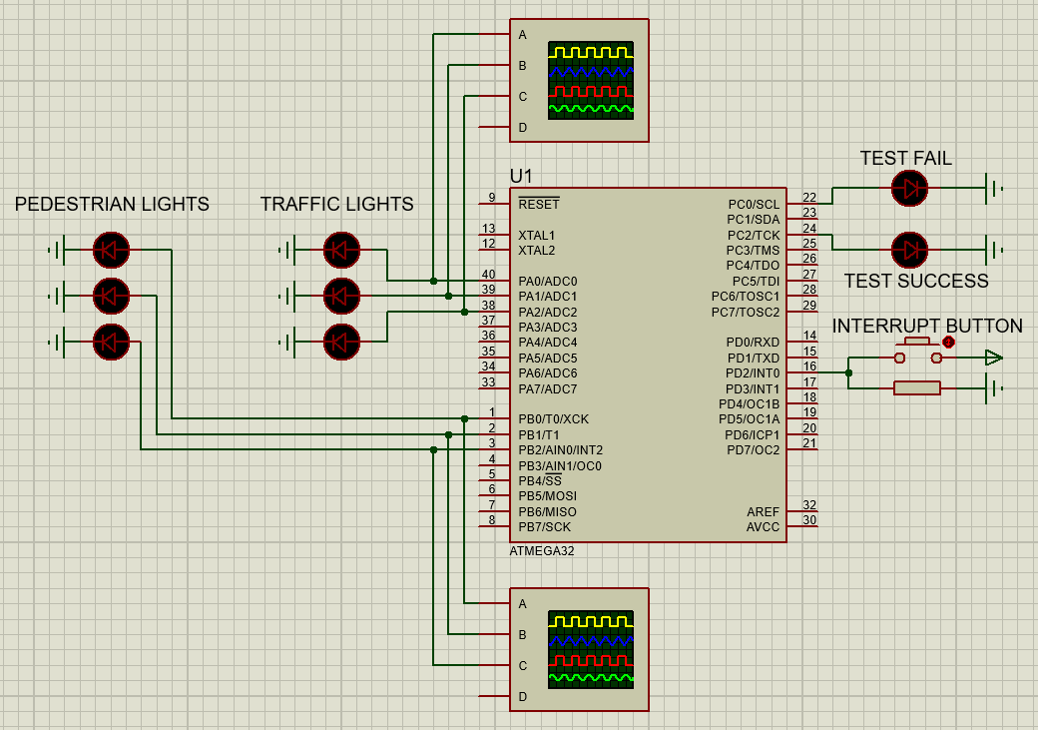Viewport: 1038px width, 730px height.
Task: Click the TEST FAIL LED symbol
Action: pyautogui.click(x=909, y=188)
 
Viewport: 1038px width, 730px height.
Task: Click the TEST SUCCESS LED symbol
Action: pyautogui.click(x=909, y=250)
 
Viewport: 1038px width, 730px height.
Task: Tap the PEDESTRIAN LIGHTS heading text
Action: pyautogui.click(x=112, y=205)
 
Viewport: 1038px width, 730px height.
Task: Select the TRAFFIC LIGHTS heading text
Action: pyautogui.click(x=336, y=205)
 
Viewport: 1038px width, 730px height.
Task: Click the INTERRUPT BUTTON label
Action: pyautogui.click(x=927, y=327)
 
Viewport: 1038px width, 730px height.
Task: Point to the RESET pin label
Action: pyautogui.click(x=539, y=204)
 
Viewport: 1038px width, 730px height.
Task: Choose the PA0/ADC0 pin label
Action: pyautogui.click(x=547, y=282)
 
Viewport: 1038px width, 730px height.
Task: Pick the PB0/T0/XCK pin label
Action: pyautogui.click(x=553, y=419)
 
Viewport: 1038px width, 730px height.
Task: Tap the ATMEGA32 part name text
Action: pyautogui.click(x=542, y=551)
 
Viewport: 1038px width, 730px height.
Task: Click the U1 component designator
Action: pyautogui.click(x=521, y=177)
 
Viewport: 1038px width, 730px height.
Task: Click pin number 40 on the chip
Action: pyautogui.click(x=488, y=275)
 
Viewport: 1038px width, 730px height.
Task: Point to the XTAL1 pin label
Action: pyautogui.click(x=536, y=236)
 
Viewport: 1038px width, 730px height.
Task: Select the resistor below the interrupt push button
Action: pyautogui.click(x=917, y=388)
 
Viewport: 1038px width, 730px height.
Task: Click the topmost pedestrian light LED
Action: pyautogui.click(x=111, y=250)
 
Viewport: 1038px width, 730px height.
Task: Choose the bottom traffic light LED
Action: pyautogui.click(x=341, y=343)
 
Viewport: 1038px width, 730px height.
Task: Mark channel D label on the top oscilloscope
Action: pyautogui.click(x=522, y=128)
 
